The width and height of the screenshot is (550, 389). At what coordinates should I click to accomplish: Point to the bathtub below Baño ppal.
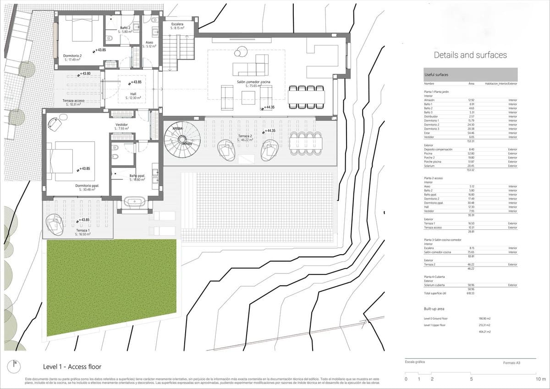[x=135, y=202]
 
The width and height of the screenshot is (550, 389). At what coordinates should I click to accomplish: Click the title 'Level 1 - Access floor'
[x=72, y=367]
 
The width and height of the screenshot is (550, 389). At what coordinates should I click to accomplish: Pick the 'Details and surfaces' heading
[x=470, y=55]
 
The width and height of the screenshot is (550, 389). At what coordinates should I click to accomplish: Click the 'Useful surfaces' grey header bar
[x=470, y=75]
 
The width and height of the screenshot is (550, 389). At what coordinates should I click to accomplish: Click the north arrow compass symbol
[x=15, y=366]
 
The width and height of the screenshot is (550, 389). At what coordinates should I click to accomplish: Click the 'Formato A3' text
[x=511, y=363]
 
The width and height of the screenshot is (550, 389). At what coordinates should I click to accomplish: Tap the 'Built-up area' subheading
[x=434, y=309]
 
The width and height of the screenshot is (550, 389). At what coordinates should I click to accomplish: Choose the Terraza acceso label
[x=72, y=102]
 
